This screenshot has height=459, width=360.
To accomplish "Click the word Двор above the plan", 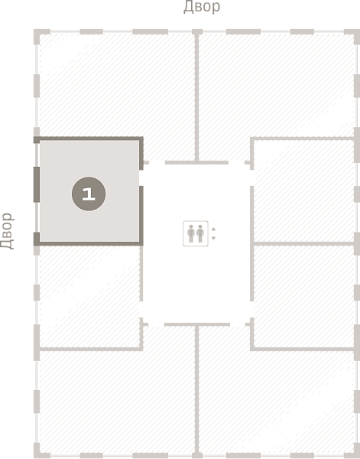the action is coord(202,7).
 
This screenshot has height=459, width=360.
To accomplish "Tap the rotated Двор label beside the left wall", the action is coord(7,231).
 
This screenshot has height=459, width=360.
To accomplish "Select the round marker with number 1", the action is coord(89,194).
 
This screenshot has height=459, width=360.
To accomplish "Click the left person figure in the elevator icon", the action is coord(191,233).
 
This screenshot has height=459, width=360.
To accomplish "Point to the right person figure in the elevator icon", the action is coord(200,233).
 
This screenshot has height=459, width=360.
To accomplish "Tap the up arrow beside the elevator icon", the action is coord(213,229).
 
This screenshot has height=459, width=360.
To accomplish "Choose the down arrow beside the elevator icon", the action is coord(213,238).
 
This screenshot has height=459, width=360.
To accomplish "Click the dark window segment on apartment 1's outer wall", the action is coord(37,184).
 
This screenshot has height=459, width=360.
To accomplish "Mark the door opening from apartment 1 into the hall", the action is coord(141,178).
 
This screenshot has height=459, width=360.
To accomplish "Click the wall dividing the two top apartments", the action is coord(197,97).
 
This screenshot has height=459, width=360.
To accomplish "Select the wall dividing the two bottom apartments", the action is coord(197,389).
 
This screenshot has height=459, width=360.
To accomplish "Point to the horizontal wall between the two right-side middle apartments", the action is coord(304,243).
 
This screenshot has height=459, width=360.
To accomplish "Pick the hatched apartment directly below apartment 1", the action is coord(89,296).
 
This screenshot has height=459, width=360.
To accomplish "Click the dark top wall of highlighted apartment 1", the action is coord(89,138).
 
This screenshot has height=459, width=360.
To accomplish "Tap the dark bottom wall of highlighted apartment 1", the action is coord(89,243).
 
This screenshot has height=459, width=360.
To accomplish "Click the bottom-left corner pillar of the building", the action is coord(41,451).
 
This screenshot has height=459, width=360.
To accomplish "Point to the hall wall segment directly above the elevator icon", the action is coord(197,162).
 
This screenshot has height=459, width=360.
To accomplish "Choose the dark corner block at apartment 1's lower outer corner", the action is coord(37,238).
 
